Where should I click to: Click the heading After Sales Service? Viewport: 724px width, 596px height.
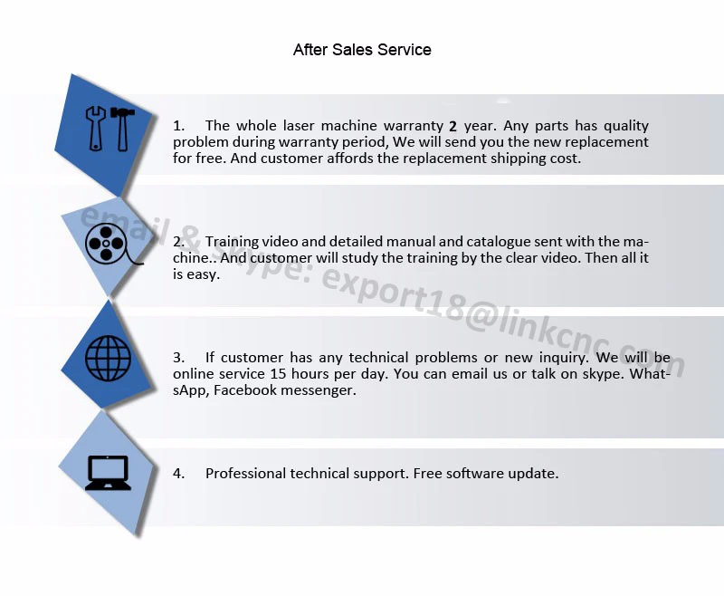[x=362, y=50]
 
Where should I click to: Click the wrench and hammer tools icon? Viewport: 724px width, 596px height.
[x=108, y=128]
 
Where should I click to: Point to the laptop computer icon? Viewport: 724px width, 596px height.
[x=108, y=473]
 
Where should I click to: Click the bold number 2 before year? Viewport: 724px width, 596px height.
[x=453, y=127]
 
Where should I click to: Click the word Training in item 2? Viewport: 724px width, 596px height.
[x=233, y=242]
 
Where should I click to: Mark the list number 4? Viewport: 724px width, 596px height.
[x=178, y=473]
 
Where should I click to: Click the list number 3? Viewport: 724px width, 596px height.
[x=178, y=358]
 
